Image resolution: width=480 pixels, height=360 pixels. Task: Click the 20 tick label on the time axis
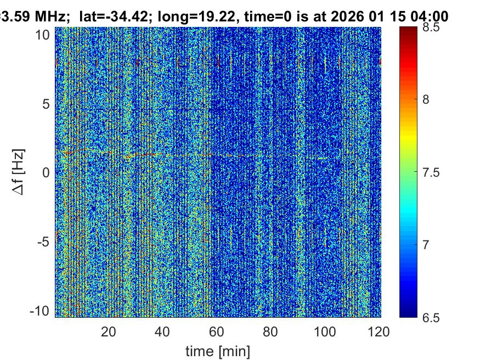pyautogui.click(x=109, y=332)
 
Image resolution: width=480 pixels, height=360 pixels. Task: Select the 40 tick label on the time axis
pyautogui.click(x=162, y=332)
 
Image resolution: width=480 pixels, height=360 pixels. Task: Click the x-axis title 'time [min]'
pyautogui.click(x=218, y=350)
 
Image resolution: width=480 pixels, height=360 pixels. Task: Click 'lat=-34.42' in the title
pyautogui.click(x=109, y=16)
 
